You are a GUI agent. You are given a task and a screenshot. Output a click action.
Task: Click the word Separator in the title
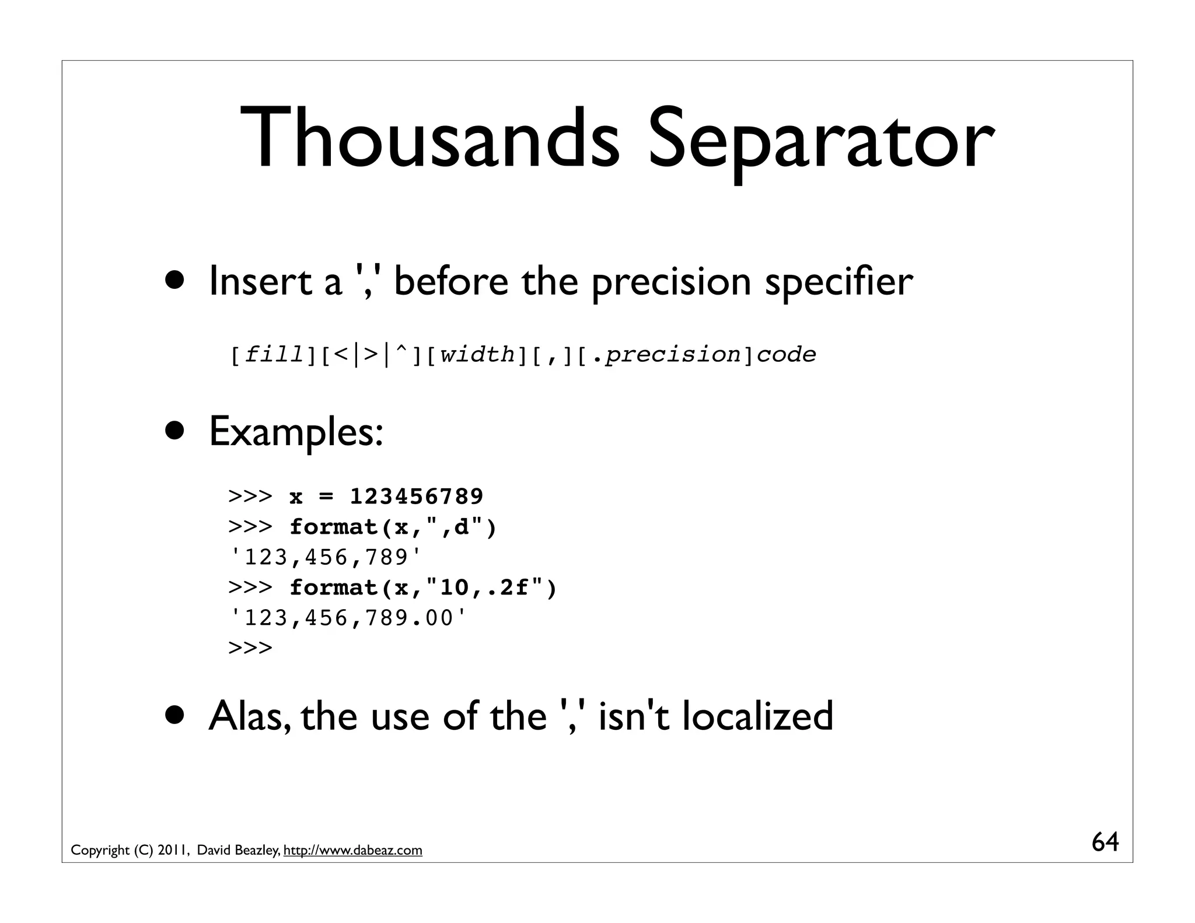pos(820,143)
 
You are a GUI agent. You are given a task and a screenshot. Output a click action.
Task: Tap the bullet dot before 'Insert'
pos(174,281)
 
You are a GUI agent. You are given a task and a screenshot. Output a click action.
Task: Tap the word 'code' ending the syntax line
pos(786,355)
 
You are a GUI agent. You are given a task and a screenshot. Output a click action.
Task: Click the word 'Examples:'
pos(296,432)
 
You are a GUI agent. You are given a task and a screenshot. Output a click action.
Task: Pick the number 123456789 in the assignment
pos(416,497)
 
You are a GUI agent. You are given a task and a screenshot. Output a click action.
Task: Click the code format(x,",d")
pos(393,527)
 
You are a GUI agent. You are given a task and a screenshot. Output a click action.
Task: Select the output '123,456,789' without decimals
pos(326,558)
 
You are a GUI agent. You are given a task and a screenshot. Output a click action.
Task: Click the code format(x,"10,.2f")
pos(423,588)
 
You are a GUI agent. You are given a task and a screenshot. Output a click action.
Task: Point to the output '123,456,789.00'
pos(349,618)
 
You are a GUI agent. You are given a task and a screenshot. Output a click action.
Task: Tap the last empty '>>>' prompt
pos(250,648)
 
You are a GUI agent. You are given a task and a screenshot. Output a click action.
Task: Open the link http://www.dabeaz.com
pos(352,851)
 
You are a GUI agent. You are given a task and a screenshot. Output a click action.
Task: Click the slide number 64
pos(1105,842)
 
